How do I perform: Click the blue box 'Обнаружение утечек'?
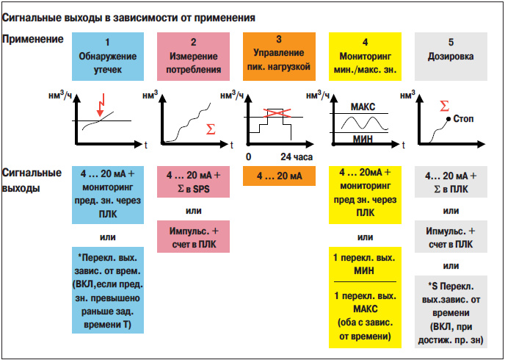coord(108,57)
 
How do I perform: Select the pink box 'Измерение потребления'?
coord(193,57)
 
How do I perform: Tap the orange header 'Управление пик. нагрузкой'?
coord(279,57)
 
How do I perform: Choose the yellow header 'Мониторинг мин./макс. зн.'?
coord(365,57)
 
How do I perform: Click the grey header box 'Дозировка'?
coord(451,57)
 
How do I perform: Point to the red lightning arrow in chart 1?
coord(101,105)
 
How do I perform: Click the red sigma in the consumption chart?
coord(211,129)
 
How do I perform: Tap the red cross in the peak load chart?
coord(277,113)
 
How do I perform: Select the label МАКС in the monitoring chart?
coord(363,107)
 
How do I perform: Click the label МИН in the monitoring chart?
coord(363,140)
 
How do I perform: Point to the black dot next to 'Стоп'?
coord(448,119)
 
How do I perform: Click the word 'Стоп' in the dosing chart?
coord(463,119)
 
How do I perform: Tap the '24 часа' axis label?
coord(297,157)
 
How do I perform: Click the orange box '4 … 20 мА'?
coord(279,176)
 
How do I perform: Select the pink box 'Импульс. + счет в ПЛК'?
coord(193,237)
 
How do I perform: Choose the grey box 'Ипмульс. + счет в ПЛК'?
coord(451,237)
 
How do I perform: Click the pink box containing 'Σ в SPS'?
coord(193,181)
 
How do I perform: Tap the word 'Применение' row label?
coord(33,40)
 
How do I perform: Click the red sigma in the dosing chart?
coord(444,106)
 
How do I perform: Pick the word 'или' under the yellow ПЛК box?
coord(366,237)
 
